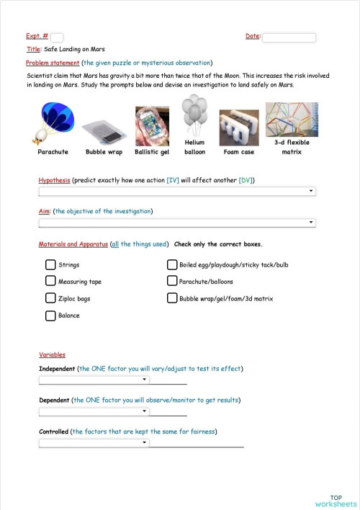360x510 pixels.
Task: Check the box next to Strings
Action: (50, 265)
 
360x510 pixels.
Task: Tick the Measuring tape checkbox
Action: (50, 282)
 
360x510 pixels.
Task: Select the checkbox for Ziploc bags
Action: (50, 298)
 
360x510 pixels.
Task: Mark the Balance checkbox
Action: (50, 316)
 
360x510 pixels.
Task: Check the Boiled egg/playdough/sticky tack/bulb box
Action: (172, 265)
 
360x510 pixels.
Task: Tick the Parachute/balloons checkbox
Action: (172, 282)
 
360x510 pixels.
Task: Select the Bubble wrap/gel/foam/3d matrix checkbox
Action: (172, 298)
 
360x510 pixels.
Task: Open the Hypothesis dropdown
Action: (177, 191)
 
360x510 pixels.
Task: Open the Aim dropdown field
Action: (177, 223)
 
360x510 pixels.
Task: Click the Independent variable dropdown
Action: (94, 380)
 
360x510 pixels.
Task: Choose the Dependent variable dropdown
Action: (94, 411)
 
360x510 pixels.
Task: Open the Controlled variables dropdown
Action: (94, 443)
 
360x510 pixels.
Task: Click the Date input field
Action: (289, 37)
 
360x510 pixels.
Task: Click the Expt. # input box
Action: (57, 37)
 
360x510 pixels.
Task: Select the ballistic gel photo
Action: (152, 126)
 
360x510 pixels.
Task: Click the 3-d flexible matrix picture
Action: (292, 119)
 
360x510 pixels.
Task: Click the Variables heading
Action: (52, 355)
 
